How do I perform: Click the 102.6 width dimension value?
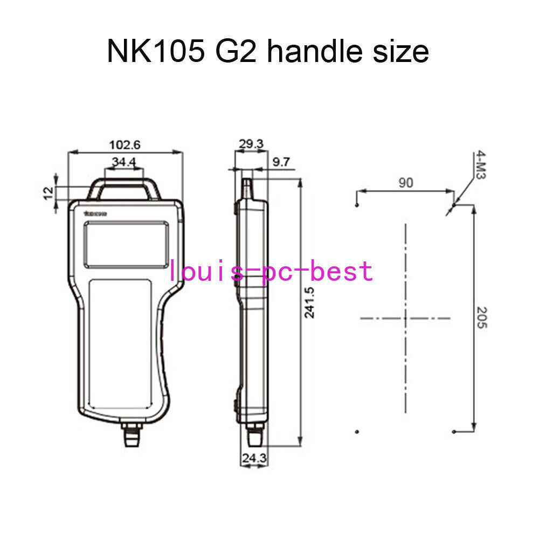[125, 144]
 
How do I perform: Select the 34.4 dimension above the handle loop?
[124, 162]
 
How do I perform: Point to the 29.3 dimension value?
[251, 144]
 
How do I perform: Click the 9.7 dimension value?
[281, 162]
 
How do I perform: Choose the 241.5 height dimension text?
[310, 302]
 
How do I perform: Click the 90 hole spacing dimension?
[405, 183]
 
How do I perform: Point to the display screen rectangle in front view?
[127, 245]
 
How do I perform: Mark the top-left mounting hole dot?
[356, 205]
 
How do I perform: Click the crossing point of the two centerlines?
[405, 319]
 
